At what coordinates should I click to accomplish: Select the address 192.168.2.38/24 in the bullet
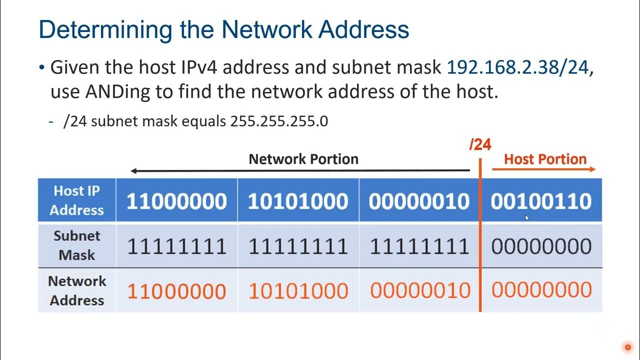(517, 67)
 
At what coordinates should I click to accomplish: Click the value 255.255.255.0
(279, 121)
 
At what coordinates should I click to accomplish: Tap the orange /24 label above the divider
(480, 144)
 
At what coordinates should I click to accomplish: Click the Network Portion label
(303, 159)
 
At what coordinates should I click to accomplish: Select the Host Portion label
(545, 159)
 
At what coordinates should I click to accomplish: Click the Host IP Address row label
(76, 200)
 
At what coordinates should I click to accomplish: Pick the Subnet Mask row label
(76, 245)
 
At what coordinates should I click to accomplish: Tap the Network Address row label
(77, 291)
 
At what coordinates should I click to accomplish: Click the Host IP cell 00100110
(541, 201)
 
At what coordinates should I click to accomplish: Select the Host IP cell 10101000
(298, 201)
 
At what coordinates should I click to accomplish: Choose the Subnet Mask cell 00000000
(541, 246)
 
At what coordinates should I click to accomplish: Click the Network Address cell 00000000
(541, 290)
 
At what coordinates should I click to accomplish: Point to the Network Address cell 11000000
(176, 291)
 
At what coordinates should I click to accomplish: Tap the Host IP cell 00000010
(419, 201)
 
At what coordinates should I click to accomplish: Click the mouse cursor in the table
(527, 217)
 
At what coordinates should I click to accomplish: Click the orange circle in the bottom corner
(627, 347)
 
